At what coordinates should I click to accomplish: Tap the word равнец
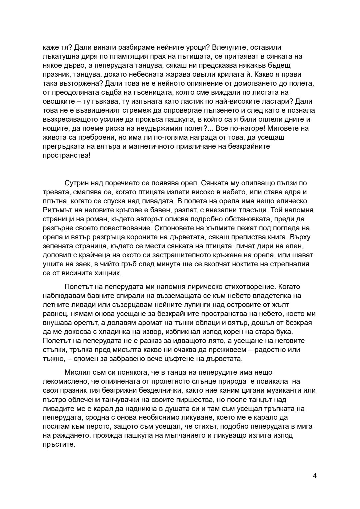tap(53, 313)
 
